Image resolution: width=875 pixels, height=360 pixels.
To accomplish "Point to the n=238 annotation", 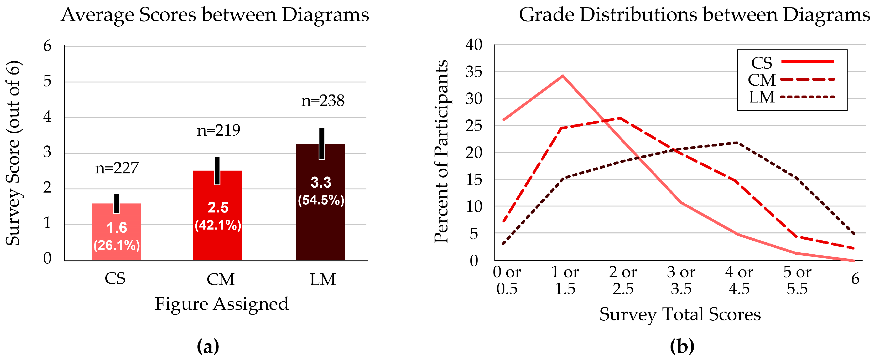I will (323, 101).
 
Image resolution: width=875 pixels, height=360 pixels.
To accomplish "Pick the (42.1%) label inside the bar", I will (218, 225).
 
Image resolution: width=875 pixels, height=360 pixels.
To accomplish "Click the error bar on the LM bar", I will (322, 143).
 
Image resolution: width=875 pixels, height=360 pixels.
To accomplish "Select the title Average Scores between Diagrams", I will (215, 15).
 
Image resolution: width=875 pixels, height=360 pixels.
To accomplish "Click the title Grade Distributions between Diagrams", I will (694, 15).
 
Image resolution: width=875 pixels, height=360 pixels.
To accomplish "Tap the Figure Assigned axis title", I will (222, 304).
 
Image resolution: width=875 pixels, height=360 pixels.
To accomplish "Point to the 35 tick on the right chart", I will (474, 72).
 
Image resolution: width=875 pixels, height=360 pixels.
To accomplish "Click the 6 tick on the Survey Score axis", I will (47, 46).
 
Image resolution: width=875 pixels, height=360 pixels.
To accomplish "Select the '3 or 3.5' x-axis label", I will (681, 281).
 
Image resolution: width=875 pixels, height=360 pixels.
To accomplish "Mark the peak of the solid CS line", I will (563, 76).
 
